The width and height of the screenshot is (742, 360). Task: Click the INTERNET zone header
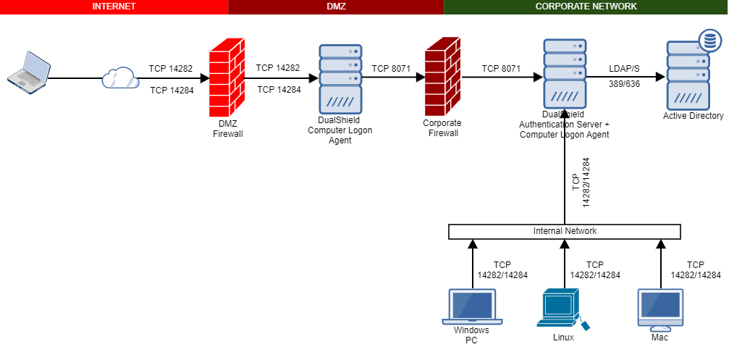coord(114,7)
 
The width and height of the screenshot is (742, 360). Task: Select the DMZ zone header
coord(336,7)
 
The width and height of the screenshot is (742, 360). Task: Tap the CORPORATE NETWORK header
coord(586,7)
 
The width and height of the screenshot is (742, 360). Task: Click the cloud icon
coord(120,78)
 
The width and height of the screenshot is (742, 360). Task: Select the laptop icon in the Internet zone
coord(28,71)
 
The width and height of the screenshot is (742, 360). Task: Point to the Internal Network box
coord(564,232)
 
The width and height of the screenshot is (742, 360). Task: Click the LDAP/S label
coord(623,68)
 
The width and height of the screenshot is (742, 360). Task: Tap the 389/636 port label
coord(623,84)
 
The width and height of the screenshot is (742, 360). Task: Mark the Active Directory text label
coord(693,116)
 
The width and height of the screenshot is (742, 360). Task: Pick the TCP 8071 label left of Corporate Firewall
coord(391,69)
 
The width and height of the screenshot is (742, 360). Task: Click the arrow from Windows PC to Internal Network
coord(472,264)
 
